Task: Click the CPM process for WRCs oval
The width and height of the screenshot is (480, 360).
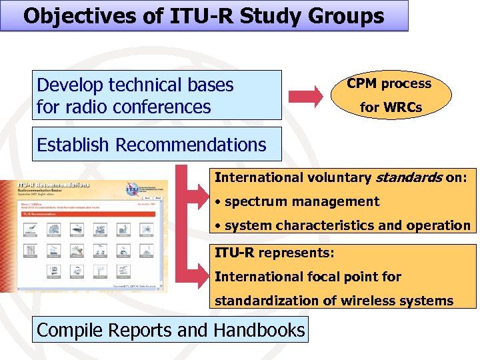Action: point(390,95)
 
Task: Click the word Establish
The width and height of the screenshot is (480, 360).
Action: point(73,145)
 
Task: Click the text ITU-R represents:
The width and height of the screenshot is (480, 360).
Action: point(274,253)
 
